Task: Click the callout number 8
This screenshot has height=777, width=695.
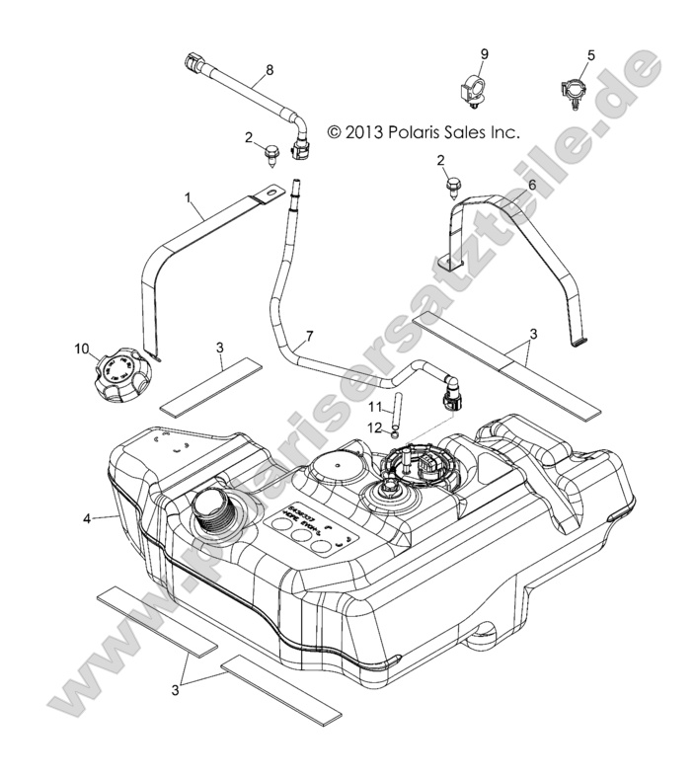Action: pos(268,70)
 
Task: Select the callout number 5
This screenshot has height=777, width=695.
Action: pos(591,54)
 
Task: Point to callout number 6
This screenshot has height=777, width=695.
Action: pos(532,184)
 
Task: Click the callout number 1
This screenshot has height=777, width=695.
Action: pos(188,198)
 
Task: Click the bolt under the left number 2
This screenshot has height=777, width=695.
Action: pos(270,152)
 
